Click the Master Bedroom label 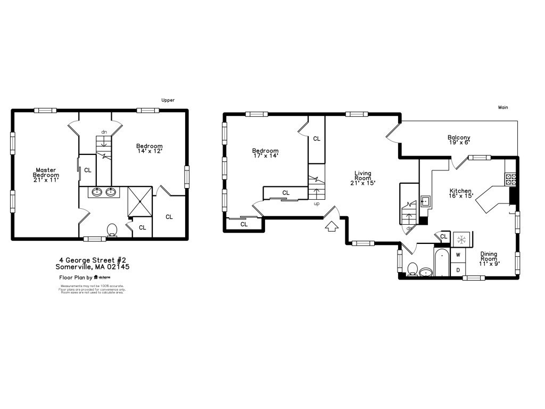point(46,175)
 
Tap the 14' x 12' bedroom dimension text point(149,152)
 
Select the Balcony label point(458,138)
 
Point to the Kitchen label point(460,191)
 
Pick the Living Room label point(363,178)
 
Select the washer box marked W point(458,255)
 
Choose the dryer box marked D point(458,270)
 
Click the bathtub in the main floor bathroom point(442,264)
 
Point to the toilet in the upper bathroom point(112,230)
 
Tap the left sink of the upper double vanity point(98,192)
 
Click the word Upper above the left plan point(168,100)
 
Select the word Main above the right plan point(503,108)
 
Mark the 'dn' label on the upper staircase point(104,132)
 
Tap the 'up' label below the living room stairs point(317,203)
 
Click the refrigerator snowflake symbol point(460,240)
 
